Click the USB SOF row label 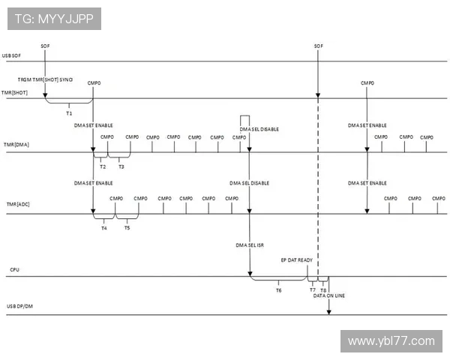pyautogui.click(x=11, y=55)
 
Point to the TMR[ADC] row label pyautogui.click(x=15, y=205)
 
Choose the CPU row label pyautogui.click(x=14, y=268)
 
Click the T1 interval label pyautogui.click(x=69, y=112)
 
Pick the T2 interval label pyautogui.click(x=102, y=166)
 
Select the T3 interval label pyautogui.click(x=121, y=166)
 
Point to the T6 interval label pyautogui.click(x=278, y=289)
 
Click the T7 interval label pyautogui.click(x=312, y=289)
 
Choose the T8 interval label pyautogui.click(x=323, y=289)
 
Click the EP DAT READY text pyautogui.click(x=297, y=259)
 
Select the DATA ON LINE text pyautogui.click(x=329, y=295)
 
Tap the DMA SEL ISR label pyautogui.click(x=249, y=244)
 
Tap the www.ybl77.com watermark pyautogui.click(x=391, y=341)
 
